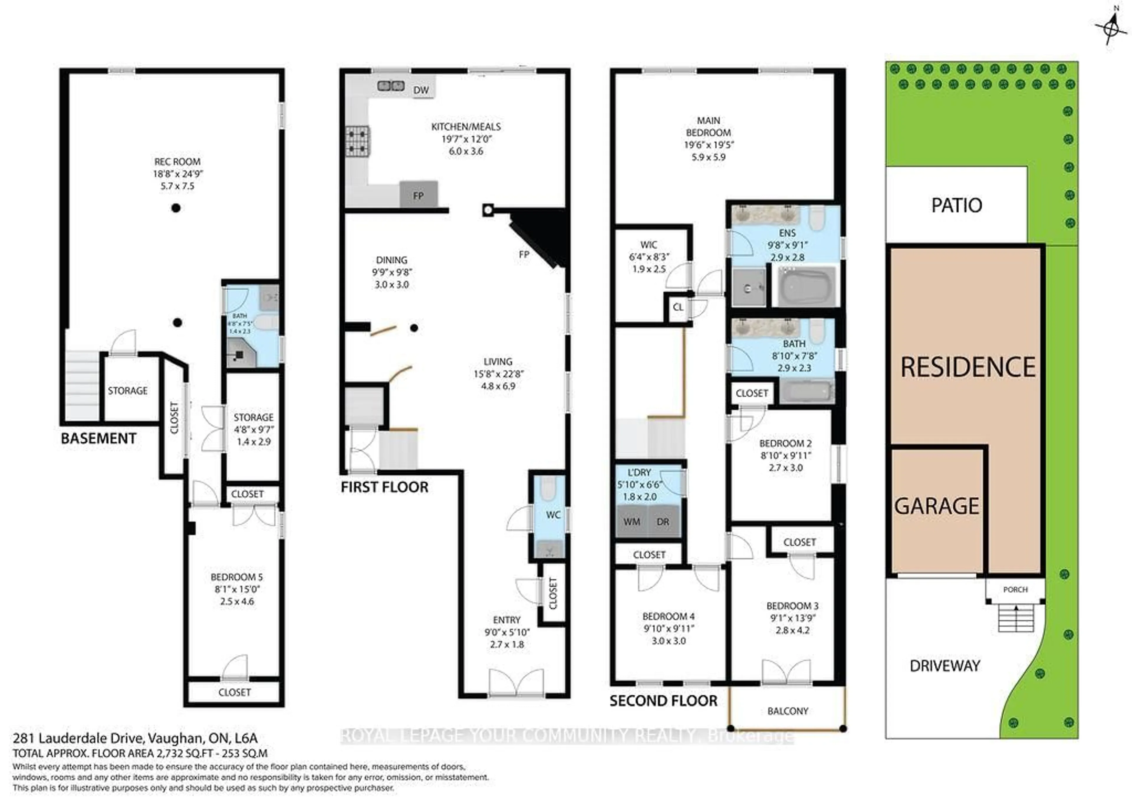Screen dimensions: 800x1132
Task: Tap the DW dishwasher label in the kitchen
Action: click(421, 90)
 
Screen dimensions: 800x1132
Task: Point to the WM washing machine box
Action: click(631, 522)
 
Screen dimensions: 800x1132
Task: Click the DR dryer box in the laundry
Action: click(663, 522)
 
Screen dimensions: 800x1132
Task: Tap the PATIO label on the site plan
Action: click(957, 205)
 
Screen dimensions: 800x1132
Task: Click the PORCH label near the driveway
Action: click(1015, 590)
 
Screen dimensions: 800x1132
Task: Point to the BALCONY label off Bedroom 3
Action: click(787, 711)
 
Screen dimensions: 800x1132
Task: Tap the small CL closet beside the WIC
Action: click(678, 307)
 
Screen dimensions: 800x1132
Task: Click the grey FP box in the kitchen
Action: click(418, 195)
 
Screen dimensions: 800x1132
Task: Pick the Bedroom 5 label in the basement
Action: click(237, 577)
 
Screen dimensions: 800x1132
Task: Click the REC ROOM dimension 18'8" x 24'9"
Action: click(177, 174)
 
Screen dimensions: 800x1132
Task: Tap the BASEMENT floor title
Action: click(98, 438)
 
